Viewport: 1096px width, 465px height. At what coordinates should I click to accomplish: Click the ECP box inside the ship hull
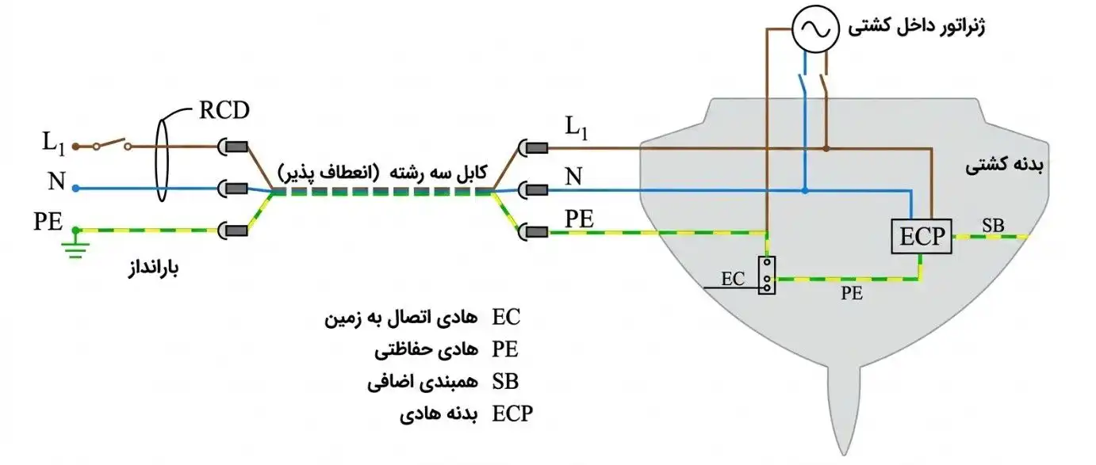(x=922, y=237)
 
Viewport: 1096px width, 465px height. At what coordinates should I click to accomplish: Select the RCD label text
(x=224, y=110)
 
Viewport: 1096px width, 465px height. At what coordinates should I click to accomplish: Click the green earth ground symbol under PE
(x=75, y=247)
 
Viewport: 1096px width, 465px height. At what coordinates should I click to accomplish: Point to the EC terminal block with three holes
(x=767, y=276)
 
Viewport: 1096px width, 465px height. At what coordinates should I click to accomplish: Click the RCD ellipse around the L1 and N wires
(x=162, y=160)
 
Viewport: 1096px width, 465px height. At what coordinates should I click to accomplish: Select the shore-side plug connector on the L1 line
(x=233, y=147)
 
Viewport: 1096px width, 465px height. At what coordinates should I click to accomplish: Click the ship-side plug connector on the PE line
(x=533, y=232)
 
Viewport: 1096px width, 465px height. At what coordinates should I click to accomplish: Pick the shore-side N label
(x=57, y=181)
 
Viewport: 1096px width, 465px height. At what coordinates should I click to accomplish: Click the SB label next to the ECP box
(x=993, y=226)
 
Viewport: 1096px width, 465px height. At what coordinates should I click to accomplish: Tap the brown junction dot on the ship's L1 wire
(x=826, y=148)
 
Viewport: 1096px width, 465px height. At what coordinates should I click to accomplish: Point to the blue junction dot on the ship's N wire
(x=805, y=191)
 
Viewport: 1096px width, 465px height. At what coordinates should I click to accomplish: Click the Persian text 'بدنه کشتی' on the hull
(x=1004, y=166)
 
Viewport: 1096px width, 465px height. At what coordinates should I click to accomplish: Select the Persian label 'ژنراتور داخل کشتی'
(x=917, y=27)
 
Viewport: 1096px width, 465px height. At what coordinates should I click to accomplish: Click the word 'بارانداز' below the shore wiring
(x=153, y=268)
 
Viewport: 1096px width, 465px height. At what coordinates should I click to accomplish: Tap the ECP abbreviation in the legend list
(x=512, y=414)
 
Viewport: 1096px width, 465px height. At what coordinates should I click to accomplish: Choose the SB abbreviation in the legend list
(x=505, y=381)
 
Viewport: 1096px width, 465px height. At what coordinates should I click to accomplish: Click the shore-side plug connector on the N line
(x=233, y=189)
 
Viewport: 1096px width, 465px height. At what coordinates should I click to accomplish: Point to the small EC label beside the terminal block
(x=733, y=279)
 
